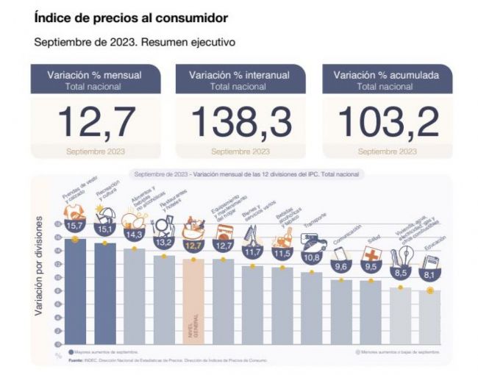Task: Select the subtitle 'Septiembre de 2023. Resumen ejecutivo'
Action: tap(135, 42)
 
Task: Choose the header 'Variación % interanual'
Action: tap(240, 75)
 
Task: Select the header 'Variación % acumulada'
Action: tap(387, 75)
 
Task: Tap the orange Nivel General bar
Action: tap(193, 301)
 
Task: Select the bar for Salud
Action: tap(370, 312)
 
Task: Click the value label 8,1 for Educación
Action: tap(429, 274)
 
